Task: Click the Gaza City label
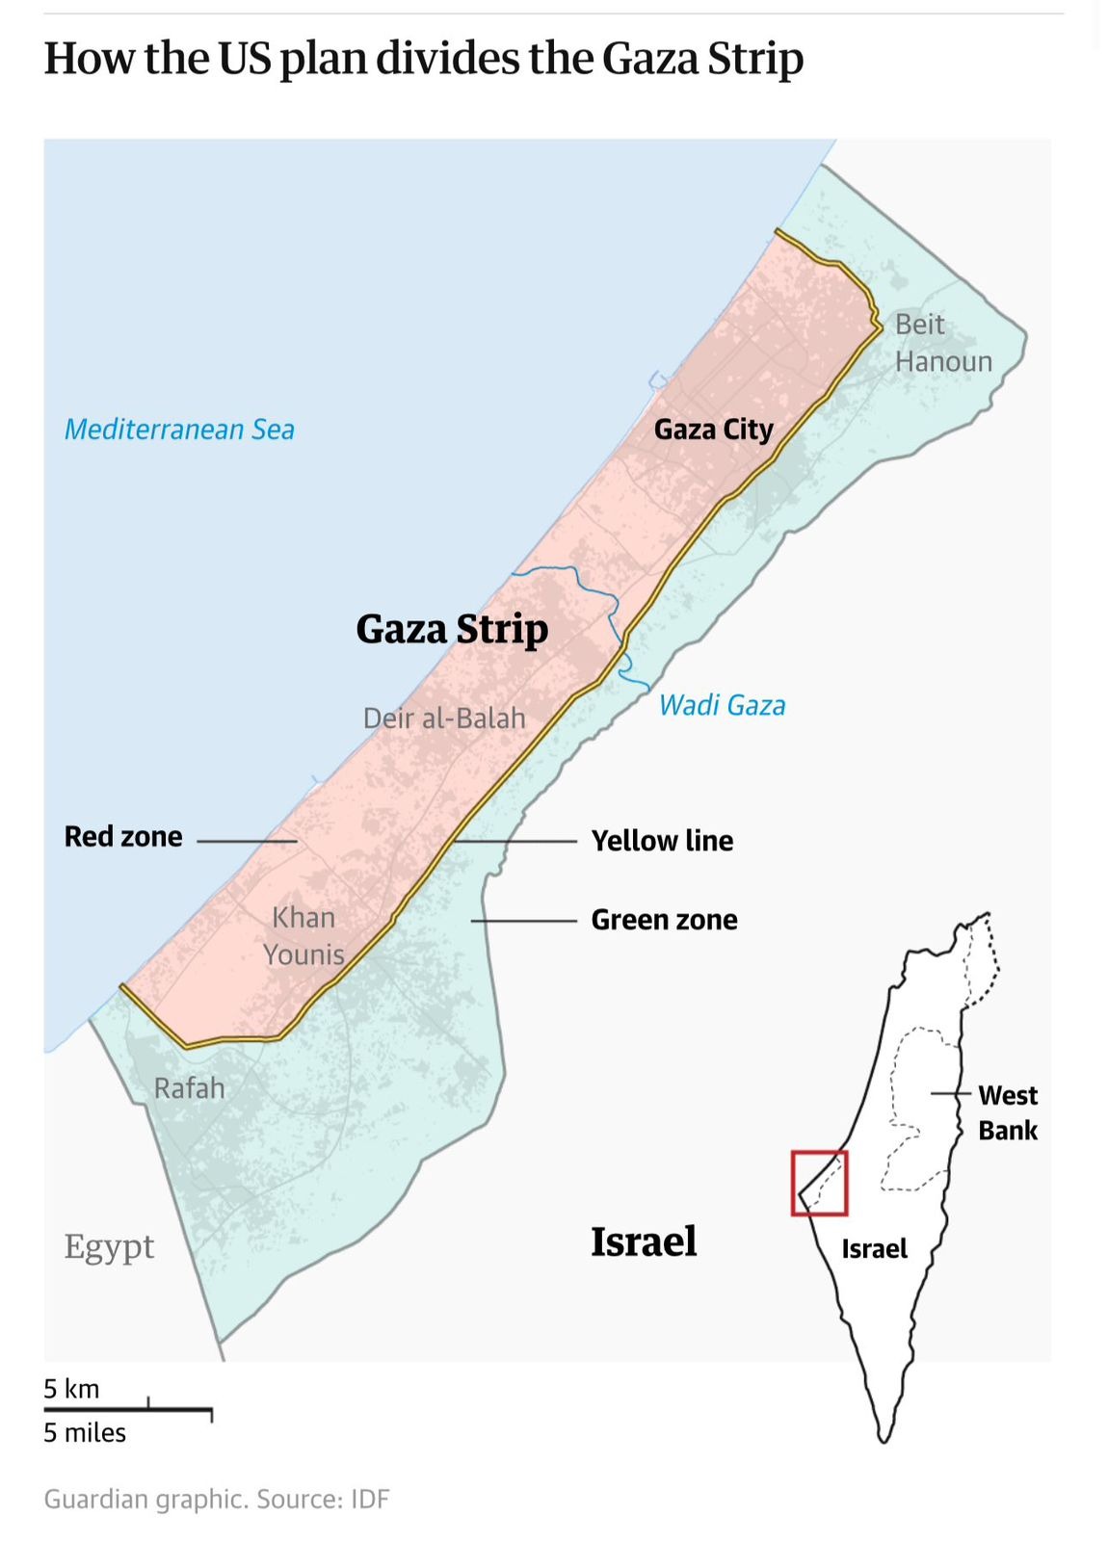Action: click(713, 430)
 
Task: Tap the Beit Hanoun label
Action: click(942, 343)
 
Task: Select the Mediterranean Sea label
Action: click(179, 430)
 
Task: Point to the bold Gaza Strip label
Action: click(452, 629)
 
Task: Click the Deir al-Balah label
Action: click(444, 718)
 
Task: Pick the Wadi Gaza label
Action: click(722, 705)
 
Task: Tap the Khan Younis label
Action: click(303, 935)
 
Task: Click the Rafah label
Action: click(189, 1088)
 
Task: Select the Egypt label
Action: click(109, 1246)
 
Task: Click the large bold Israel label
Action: click(643, 1241)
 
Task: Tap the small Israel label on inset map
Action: click(874, 1249)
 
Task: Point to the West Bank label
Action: click(1007, 1112)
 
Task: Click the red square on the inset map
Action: click(819, 1183)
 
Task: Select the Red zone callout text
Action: click(123, 836)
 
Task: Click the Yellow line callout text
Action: click(662, 841)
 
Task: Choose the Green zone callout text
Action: click(664, 920)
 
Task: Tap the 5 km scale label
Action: click(71, 1389)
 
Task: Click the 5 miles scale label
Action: click(85, 1433)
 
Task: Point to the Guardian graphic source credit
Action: click(217, 1500)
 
